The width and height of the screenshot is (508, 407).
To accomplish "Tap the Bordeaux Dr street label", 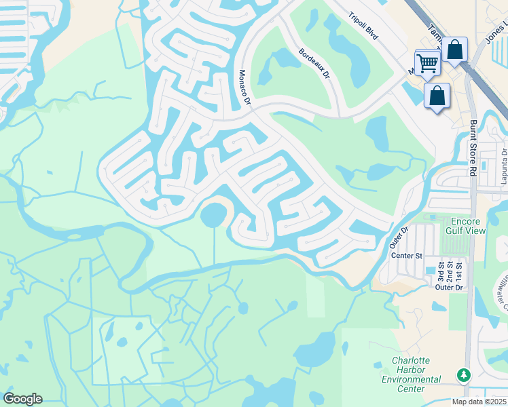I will [314, 62].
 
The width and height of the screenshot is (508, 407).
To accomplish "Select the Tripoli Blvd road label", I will [362, 28].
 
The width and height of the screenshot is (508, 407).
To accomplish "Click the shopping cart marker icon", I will [428, 62].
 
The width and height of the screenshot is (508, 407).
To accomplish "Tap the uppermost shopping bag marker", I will [455, 50].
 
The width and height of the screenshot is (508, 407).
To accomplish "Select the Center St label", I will [407, 255].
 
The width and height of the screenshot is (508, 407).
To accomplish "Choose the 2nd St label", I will [449, 270].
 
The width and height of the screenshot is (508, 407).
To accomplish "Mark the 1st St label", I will [459, 270].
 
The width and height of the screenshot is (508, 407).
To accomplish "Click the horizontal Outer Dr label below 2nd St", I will [449, 288].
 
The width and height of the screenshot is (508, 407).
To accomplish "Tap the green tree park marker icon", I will [464, 374].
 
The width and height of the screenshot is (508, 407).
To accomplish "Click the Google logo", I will [22, 399].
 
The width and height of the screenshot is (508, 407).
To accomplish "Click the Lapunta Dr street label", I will [505, 162].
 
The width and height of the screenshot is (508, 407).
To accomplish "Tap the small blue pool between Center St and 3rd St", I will [429, 271].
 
